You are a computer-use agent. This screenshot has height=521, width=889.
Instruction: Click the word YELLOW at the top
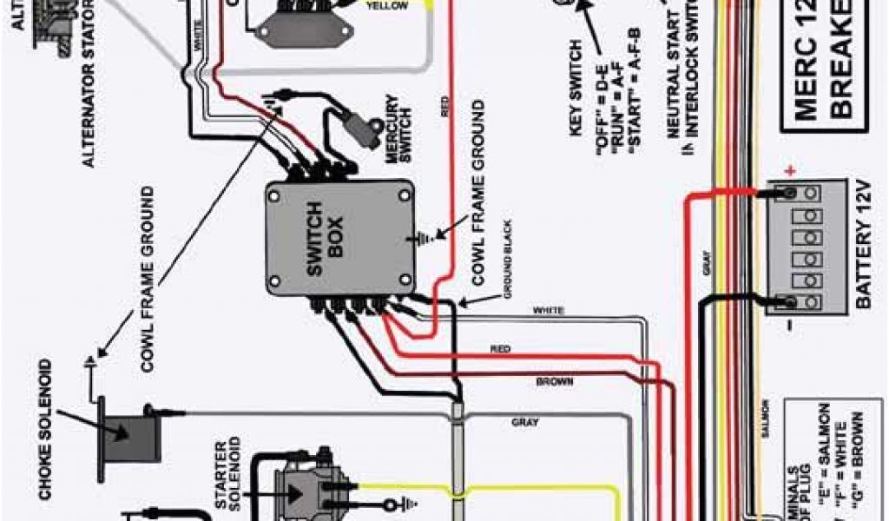pos(386,5)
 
